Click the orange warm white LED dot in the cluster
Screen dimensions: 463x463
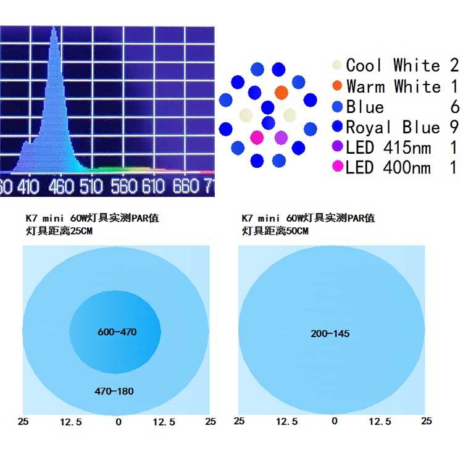click(x=281, y=93)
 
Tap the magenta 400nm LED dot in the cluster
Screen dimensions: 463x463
click(x=257, y=137)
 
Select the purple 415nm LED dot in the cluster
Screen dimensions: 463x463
click(x=281, y=137)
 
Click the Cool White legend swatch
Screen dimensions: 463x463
click(x=336, y=65)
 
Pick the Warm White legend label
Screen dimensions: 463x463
click(x=393, y=86)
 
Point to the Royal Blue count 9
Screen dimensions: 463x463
click(x=454, y=128)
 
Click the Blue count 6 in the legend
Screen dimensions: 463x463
click(x=455, y=107)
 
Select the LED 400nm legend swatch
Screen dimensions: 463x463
click(x=336, y=167)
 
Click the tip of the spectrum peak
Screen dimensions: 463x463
click(x=54, y=28)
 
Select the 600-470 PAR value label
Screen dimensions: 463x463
click(x=117, y=332)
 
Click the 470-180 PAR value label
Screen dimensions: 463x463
click(x=114, y=391)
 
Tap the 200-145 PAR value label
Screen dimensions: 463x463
click(x=330, y=333)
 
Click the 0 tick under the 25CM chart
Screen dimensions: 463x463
click(x=119, y=422)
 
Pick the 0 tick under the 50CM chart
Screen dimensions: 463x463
click(x=335, y=422)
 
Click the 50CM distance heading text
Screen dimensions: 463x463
click(x=275, y=231)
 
